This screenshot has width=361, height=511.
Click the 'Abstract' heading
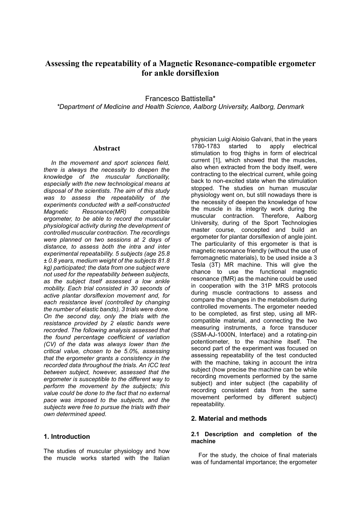coord(106,148)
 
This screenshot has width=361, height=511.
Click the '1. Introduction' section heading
coord(67,436)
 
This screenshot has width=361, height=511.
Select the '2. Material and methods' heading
coord(229,418)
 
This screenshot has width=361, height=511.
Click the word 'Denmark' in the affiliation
coord(290,107)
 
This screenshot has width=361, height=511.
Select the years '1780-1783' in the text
coord(205,146)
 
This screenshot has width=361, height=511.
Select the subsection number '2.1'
coord(196,434)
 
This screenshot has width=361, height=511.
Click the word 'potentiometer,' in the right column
coord(209,342)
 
